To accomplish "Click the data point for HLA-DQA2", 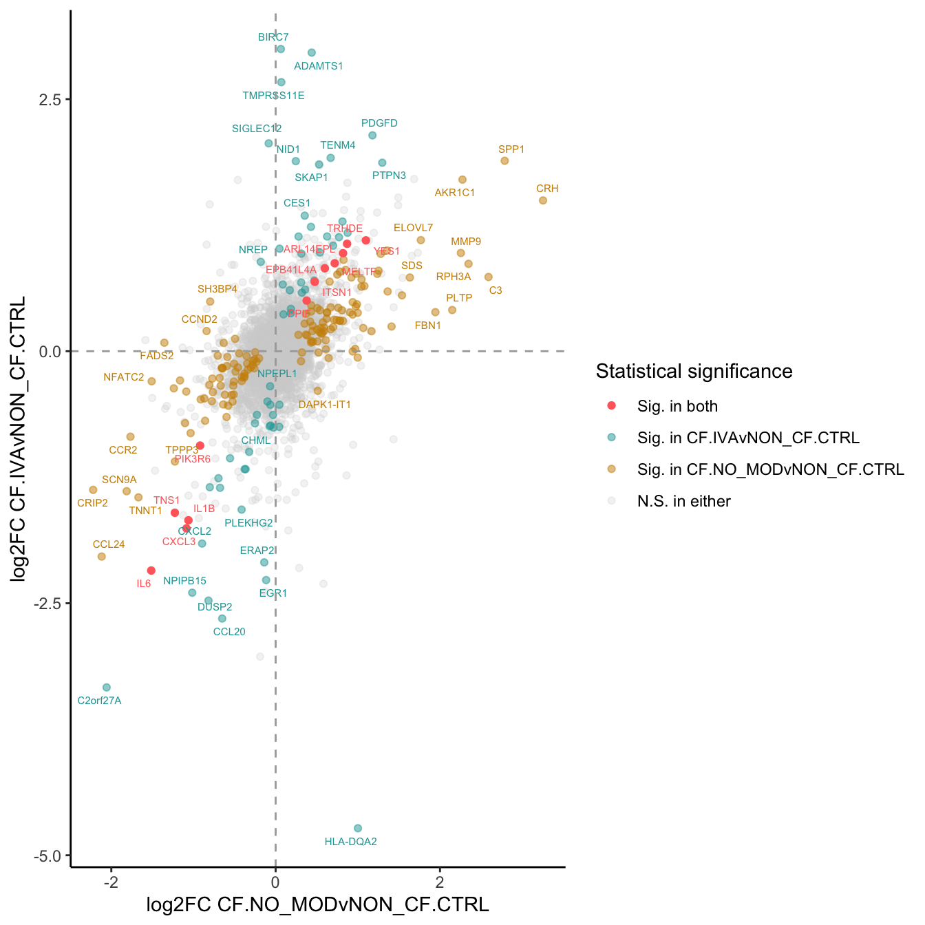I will point(357,828).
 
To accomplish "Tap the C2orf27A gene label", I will point(99,701).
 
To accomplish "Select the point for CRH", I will point(542,200).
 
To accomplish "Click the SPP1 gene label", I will point(511,149).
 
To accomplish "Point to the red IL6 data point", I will point(151,571).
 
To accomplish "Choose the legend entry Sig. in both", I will point(677,406).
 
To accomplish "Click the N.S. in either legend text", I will point(683,501).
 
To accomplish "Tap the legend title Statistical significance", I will point(694,372).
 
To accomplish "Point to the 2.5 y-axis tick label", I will point(50,99).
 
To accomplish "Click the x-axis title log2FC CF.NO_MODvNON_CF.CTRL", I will point(317,904).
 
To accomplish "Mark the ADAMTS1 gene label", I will point(318,66).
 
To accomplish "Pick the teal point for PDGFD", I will point(372,136).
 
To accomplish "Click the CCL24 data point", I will point(102,556).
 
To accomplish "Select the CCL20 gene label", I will point(229,632).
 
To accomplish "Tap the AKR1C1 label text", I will point(454,193).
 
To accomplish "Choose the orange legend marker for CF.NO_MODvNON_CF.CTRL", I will point(611,469).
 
